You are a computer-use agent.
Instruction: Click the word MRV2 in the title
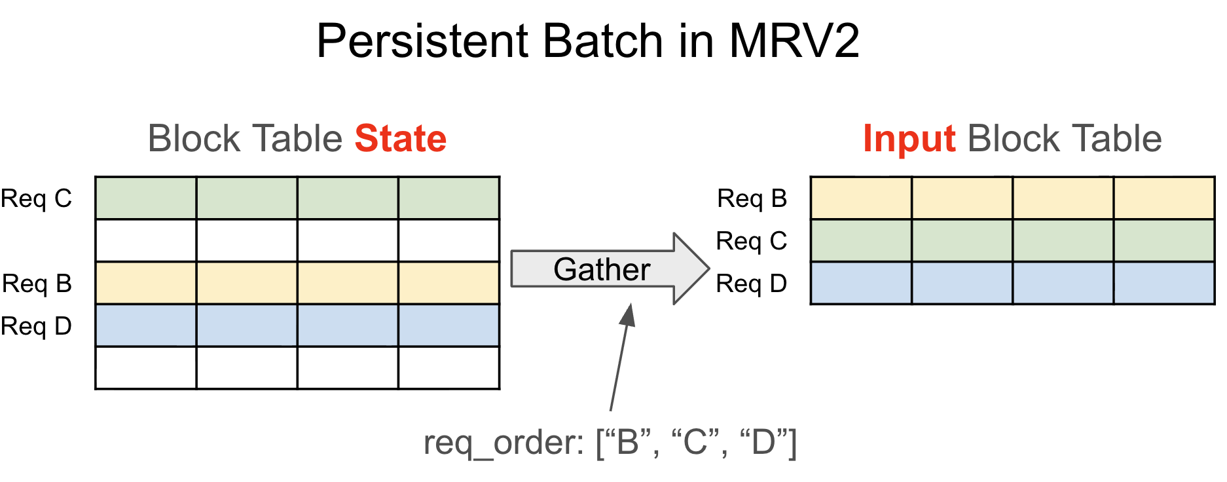(x=794, y=41)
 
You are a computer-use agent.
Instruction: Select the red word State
(x=400, y=139)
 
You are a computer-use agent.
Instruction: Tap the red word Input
(x=909, y=139)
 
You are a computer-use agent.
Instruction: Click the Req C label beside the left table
(x=37, y=198)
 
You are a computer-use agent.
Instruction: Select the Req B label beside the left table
(x=37, y=284)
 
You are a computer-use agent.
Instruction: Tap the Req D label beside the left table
(x=37, y=326)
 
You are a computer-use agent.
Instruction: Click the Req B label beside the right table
(x=752, y=198)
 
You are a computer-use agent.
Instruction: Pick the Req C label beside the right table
(x=752, y=241)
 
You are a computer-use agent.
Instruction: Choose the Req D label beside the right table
(x=752, y=284)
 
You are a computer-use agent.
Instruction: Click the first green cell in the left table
(x=145, y=198)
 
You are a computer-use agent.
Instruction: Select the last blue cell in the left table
(x=449, y=325)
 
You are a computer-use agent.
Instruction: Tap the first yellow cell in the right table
(x=861, y=198)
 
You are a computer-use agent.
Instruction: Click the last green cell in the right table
(x=1164, y=240)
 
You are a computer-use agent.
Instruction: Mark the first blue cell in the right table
(x=861, y=283)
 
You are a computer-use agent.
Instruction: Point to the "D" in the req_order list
(x=763, y=443)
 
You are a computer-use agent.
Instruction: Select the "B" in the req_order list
(x=628, y=443)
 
